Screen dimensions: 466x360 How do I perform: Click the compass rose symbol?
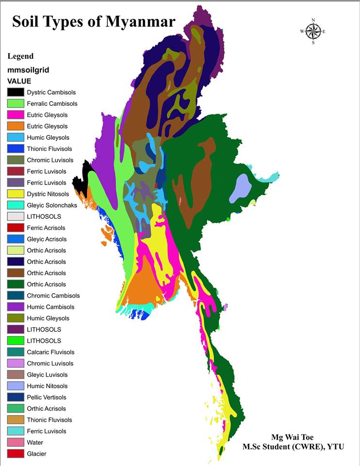pyautogui.click(x=313, y=32)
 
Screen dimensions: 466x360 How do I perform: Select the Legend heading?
pyautogui.click(x=20, y=56)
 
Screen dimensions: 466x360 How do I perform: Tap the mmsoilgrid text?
pyautogui.click(x=28, y=70)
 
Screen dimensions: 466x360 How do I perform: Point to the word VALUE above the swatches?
pyautogui.click(x=19, y=81)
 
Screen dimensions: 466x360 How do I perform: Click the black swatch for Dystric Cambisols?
pyautogui.click(x=16, y=92)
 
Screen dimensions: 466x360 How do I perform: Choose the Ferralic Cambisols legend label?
pyautogui.click(x=52, y=103)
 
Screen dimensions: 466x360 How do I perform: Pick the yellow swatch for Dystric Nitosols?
pyautogui.click(x=16, y=194)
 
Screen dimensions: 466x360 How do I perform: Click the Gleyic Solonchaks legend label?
pyautogui.click(x=52, y=205)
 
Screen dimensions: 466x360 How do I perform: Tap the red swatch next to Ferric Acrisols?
pyautogui.click(x=16, y=228)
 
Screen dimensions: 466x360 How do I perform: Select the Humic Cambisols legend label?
pyautogui.click(x=50, y=307)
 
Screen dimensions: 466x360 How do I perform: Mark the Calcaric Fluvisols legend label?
pyautogui.click(x=50, y=352)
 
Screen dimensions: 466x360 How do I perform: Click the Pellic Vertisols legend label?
pyautogui.click(x=47, y=397)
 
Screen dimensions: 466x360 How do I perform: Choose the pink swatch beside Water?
pyautogui.click(x=16, y=442)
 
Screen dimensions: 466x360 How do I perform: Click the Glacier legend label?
pyautogui.click(x=37, y=454)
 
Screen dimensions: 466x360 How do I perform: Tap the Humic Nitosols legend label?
pyautogui.click(x=47, y=386)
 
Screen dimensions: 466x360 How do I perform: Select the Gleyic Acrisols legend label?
pyautogui.click(x=47, y=239)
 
